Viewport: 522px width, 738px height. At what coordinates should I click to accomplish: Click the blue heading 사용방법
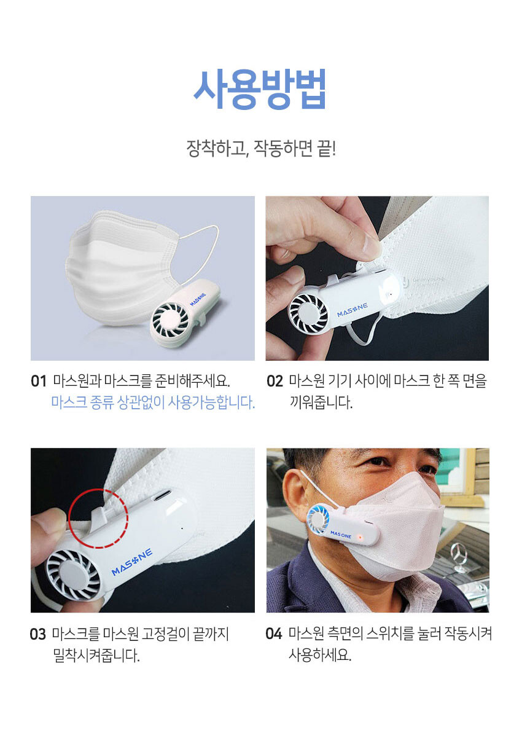click(x=260, y=89)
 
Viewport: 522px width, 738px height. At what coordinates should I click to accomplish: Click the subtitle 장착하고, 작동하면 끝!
click(x=261, y=149)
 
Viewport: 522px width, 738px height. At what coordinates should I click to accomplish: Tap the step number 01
click(x=39, y=381)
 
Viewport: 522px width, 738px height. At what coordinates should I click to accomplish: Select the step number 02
click(x=275, y=381)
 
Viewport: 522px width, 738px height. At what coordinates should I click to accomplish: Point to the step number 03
click(x=38, y=634)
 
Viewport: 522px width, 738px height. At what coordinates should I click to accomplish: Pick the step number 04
click(x=274, y=634)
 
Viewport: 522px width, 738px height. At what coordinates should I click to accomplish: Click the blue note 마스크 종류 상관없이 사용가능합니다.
click(x=153, y=402)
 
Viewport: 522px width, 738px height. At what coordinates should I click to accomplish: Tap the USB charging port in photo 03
click(x=162, y=495)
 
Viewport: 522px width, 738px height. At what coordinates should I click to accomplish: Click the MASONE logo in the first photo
click(x=198, y=299)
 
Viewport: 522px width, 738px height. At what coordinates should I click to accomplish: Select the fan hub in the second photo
click(x=308, y=313)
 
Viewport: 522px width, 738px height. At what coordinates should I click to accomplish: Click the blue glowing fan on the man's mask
click(x=319, y=519)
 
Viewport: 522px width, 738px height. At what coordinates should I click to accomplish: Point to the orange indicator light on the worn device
click(x=360, y=538)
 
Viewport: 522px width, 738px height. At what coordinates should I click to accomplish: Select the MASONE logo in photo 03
click(x=132, y=566)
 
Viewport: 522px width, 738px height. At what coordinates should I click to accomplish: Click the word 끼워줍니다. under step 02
click(x=321, y=402)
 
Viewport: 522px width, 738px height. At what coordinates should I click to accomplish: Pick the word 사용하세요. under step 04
click(x=320, y=654)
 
